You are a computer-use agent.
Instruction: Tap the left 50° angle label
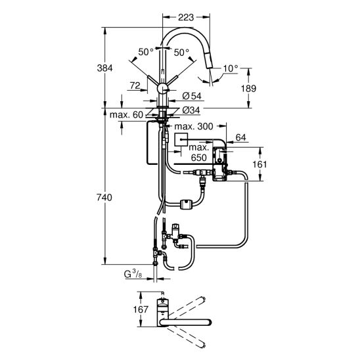(146, 51)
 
